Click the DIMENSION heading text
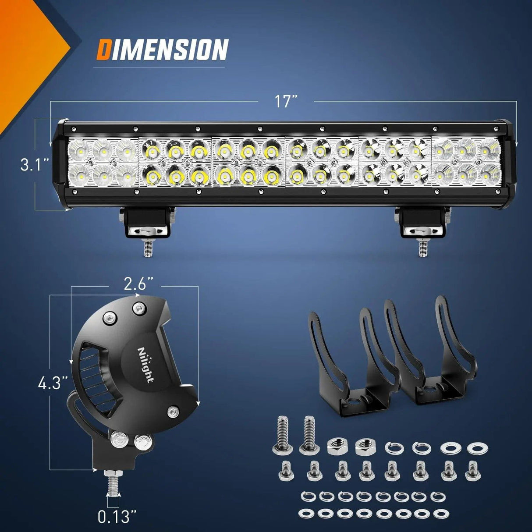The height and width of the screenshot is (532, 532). point(162,49)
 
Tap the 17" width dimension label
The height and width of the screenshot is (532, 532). point(286,101)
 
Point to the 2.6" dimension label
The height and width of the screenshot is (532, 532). point(135,285)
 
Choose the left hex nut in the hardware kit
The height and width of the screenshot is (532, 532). point(335,447)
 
